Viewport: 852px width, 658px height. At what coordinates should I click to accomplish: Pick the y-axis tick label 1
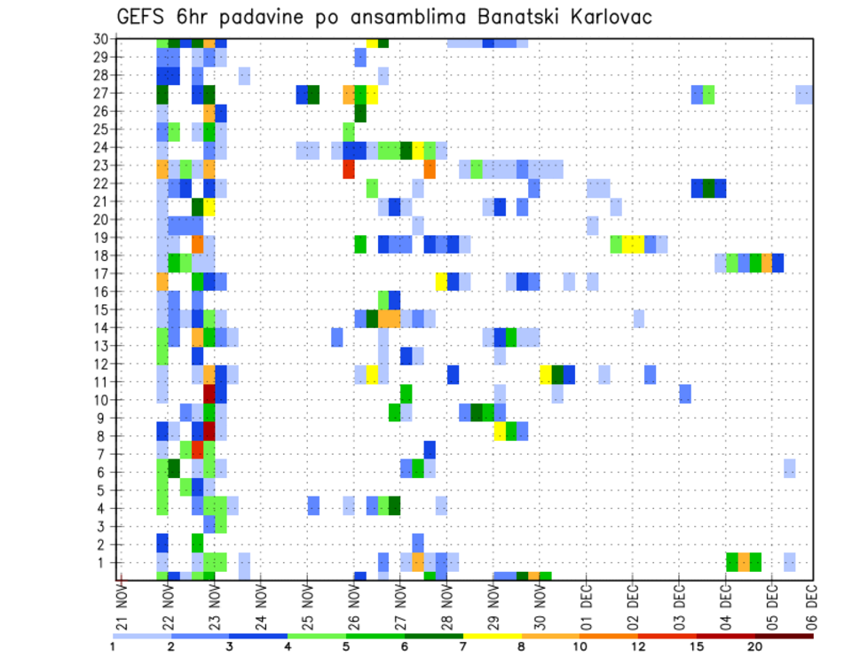pos(104,562)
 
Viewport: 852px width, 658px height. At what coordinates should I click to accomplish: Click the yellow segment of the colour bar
pos(493,636)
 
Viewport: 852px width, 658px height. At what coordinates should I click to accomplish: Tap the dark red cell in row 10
pos(209,393)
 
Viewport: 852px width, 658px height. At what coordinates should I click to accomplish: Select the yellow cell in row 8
pos(500,431)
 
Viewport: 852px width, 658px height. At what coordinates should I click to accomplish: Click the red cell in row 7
pos(198,450)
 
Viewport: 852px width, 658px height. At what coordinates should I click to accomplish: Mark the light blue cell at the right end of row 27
pos(804,94)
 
